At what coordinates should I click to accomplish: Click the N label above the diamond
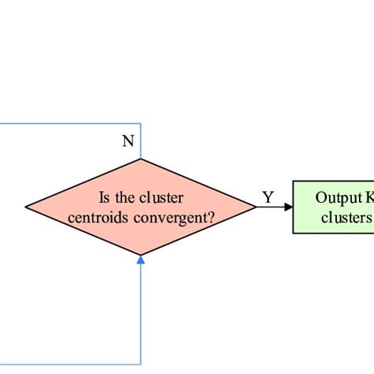coord(128,142)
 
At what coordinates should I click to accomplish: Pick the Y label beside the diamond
coord(268,197)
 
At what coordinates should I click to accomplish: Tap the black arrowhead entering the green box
coord(289,208)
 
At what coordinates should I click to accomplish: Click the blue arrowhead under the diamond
coord(140,260)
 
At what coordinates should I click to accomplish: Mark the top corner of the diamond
coord(140,159)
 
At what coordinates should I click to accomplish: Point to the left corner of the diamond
coord(26,208)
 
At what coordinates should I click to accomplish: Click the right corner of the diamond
coord(256,208)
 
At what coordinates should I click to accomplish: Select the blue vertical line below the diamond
coord(140,316)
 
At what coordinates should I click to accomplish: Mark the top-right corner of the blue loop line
coord(140,124)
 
